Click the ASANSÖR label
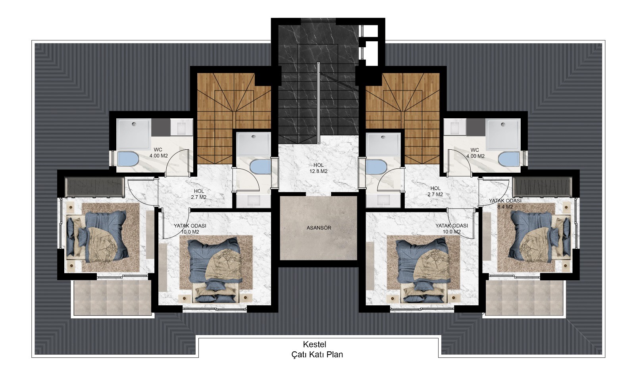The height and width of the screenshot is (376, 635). (x=319, y=228)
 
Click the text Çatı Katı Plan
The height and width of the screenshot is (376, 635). (x=317, y=355)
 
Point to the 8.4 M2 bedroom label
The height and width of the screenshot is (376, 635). (x=505, y=204)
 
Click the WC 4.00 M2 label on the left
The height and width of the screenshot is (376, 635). (x=158, y=152)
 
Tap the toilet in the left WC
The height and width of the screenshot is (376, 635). (x=127, y=159)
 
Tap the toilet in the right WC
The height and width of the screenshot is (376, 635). (x=508, y=159)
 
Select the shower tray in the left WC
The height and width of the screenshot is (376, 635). (x=134, y=134)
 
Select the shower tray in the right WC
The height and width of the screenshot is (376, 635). (x=503, y=134)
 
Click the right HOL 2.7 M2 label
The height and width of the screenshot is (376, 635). (x=435, y=191)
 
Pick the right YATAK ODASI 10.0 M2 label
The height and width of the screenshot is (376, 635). (x=452, y=229)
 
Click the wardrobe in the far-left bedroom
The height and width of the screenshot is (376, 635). (x=94, y=187)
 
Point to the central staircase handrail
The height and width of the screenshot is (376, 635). (x=318, y=104)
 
